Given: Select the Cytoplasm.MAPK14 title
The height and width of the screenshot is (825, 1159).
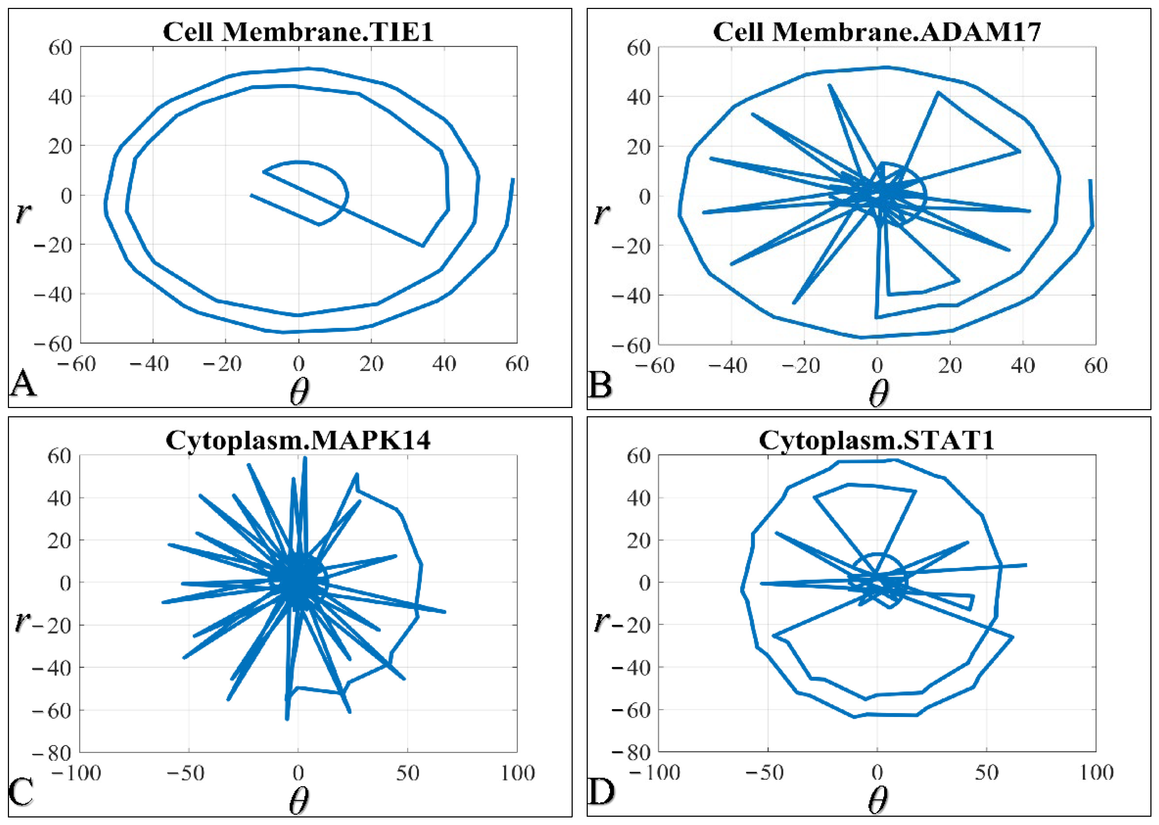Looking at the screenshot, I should (x=298, y=440).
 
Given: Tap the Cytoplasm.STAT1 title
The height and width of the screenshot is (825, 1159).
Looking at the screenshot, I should (x=877, y=440).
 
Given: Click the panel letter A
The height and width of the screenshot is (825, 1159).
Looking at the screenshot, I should (x=23, y=384).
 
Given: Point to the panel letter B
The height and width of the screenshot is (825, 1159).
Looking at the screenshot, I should (x=600, y=385).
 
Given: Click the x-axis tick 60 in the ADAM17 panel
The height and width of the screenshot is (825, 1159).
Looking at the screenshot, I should (x=1095, y=365).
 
